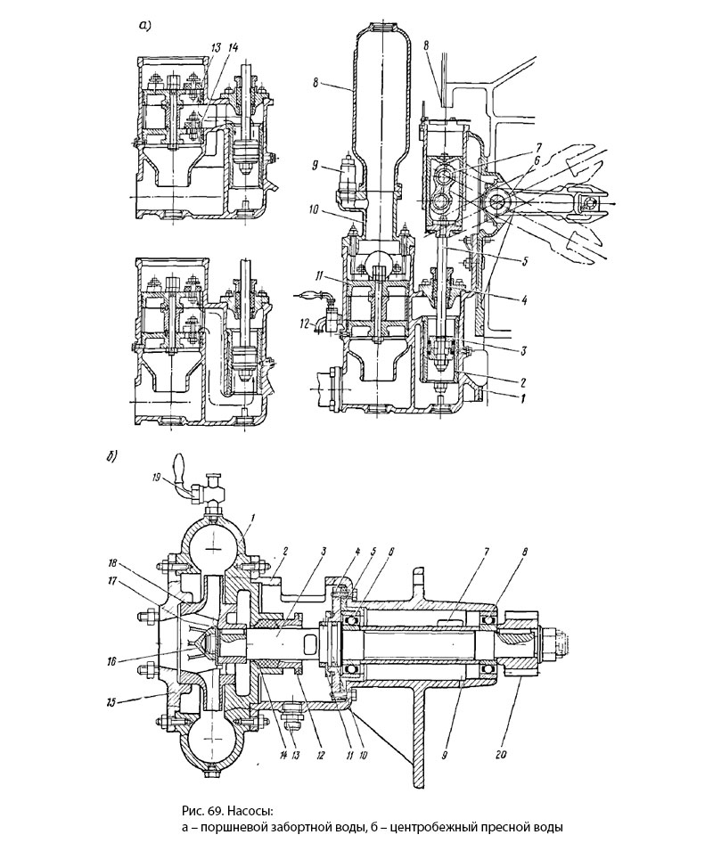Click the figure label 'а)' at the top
pyautogui.click(x=143, y=25)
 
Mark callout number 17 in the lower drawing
pyautogui.click(x=114, y=582)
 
